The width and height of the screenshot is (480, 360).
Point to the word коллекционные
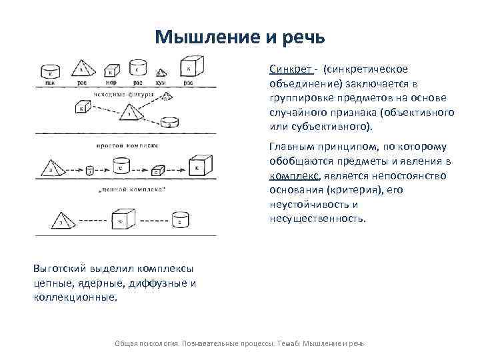[74, 297]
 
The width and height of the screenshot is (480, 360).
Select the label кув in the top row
[161, 83]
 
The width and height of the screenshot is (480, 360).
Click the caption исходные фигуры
[123, 95]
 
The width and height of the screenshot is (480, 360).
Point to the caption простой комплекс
[127, 145]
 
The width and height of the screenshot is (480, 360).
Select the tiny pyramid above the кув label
[160, 73]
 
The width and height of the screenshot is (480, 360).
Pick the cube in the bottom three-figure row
[121, 218]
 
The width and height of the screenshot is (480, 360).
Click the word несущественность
[317, 218]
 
